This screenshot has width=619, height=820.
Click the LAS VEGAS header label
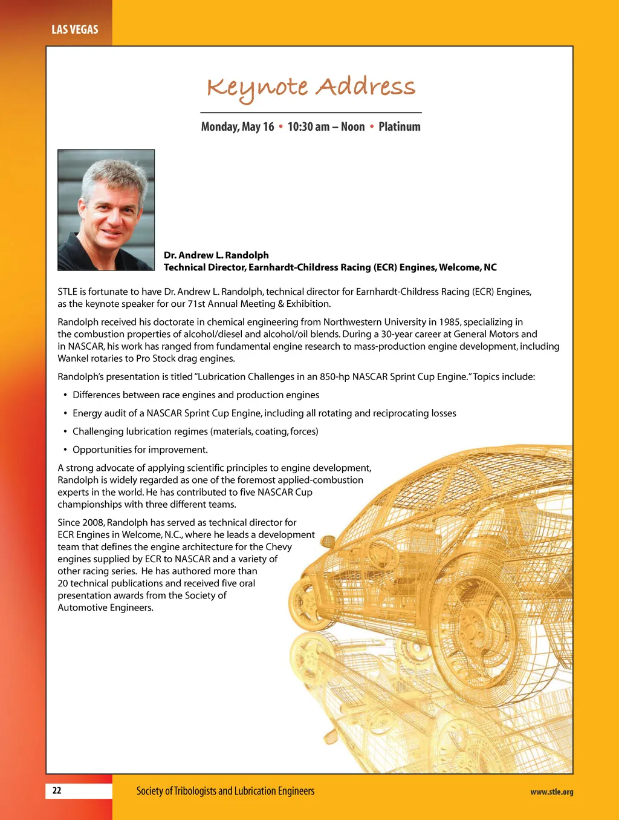(x=74, y=29)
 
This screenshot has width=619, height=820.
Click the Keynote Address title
(x=311, y=88)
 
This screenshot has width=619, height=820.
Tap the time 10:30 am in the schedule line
(x=308, y=126)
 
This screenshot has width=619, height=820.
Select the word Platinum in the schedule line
(x=399, y=126)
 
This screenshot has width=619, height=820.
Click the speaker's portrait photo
(x=106, y=209)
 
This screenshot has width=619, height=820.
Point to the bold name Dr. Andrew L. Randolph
(x=216, y=255)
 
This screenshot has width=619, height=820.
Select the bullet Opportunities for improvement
(x=140, y=450)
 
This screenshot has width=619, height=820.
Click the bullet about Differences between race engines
(x=196, y=395)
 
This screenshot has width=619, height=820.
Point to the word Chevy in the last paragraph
(x=279, y=546)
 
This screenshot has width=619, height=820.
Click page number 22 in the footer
(x=57, y=790)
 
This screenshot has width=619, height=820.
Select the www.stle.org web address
(x=551, y=792)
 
